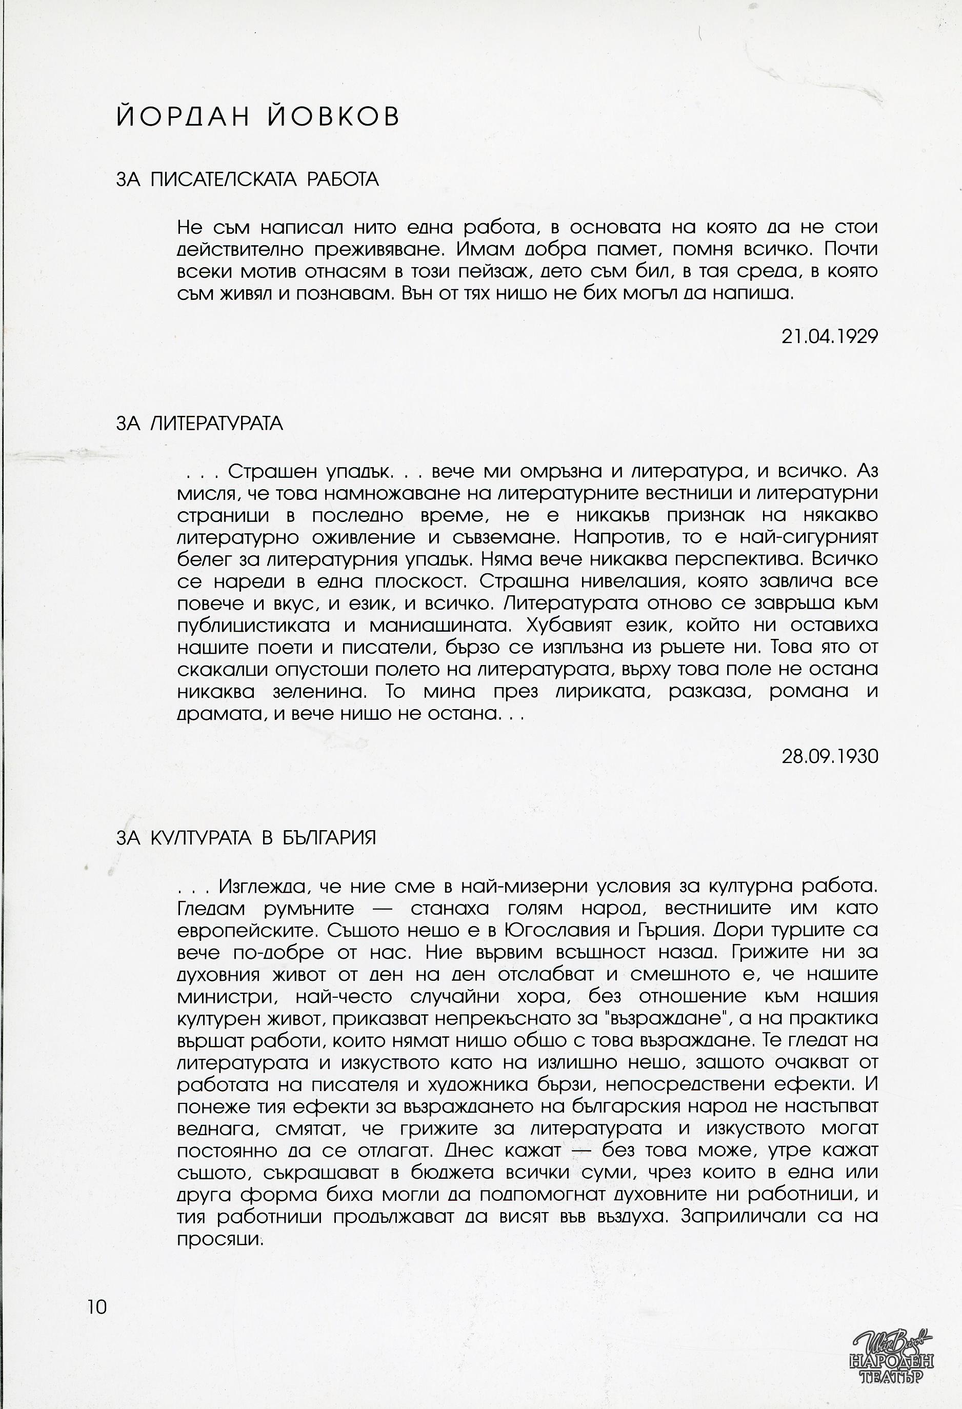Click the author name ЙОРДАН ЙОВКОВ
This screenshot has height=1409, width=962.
pos(257,116)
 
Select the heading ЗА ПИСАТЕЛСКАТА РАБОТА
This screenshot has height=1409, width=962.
pos(247,179)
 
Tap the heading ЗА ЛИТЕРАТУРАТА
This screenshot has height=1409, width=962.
pos(199,423)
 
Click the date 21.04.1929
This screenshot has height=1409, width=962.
pos(829,336)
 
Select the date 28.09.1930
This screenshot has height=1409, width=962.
pos(829,757)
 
